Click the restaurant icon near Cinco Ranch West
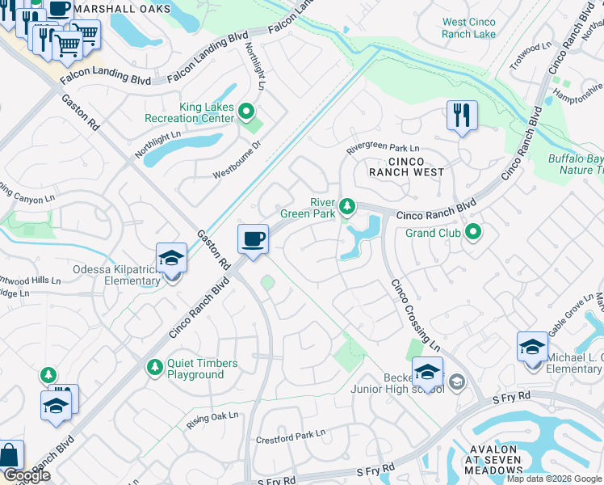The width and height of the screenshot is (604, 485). tap(462, 116)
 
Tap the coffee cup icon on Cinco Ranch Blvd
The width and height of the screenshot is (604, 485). tap(254, 239)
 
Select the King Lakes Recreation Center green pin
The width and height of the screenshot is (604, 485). tap(246, 112)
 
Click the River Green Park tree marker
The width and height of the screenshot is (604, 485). tap(346, 208)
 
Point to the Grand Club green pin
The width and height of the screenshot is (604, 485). tap(473, 234)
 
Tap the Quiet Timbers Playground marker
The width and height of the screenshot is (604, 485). tap(154, 368)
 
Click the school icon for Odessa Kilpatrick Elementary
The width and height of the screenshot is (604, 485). tap(172, 259)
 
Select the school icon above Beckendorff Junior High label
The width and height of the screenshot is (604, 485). tap(427, 373)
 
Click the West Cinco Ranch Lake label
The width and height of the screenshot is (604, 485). tap(469, 28)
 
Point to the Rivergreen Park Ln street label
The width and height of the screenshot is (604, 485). tap(383, 149)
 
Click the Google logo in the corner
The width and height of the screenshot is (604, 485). tap(27, 475)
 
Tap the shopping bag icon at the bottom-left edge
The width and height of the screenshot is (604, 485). tap(10, 456)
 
